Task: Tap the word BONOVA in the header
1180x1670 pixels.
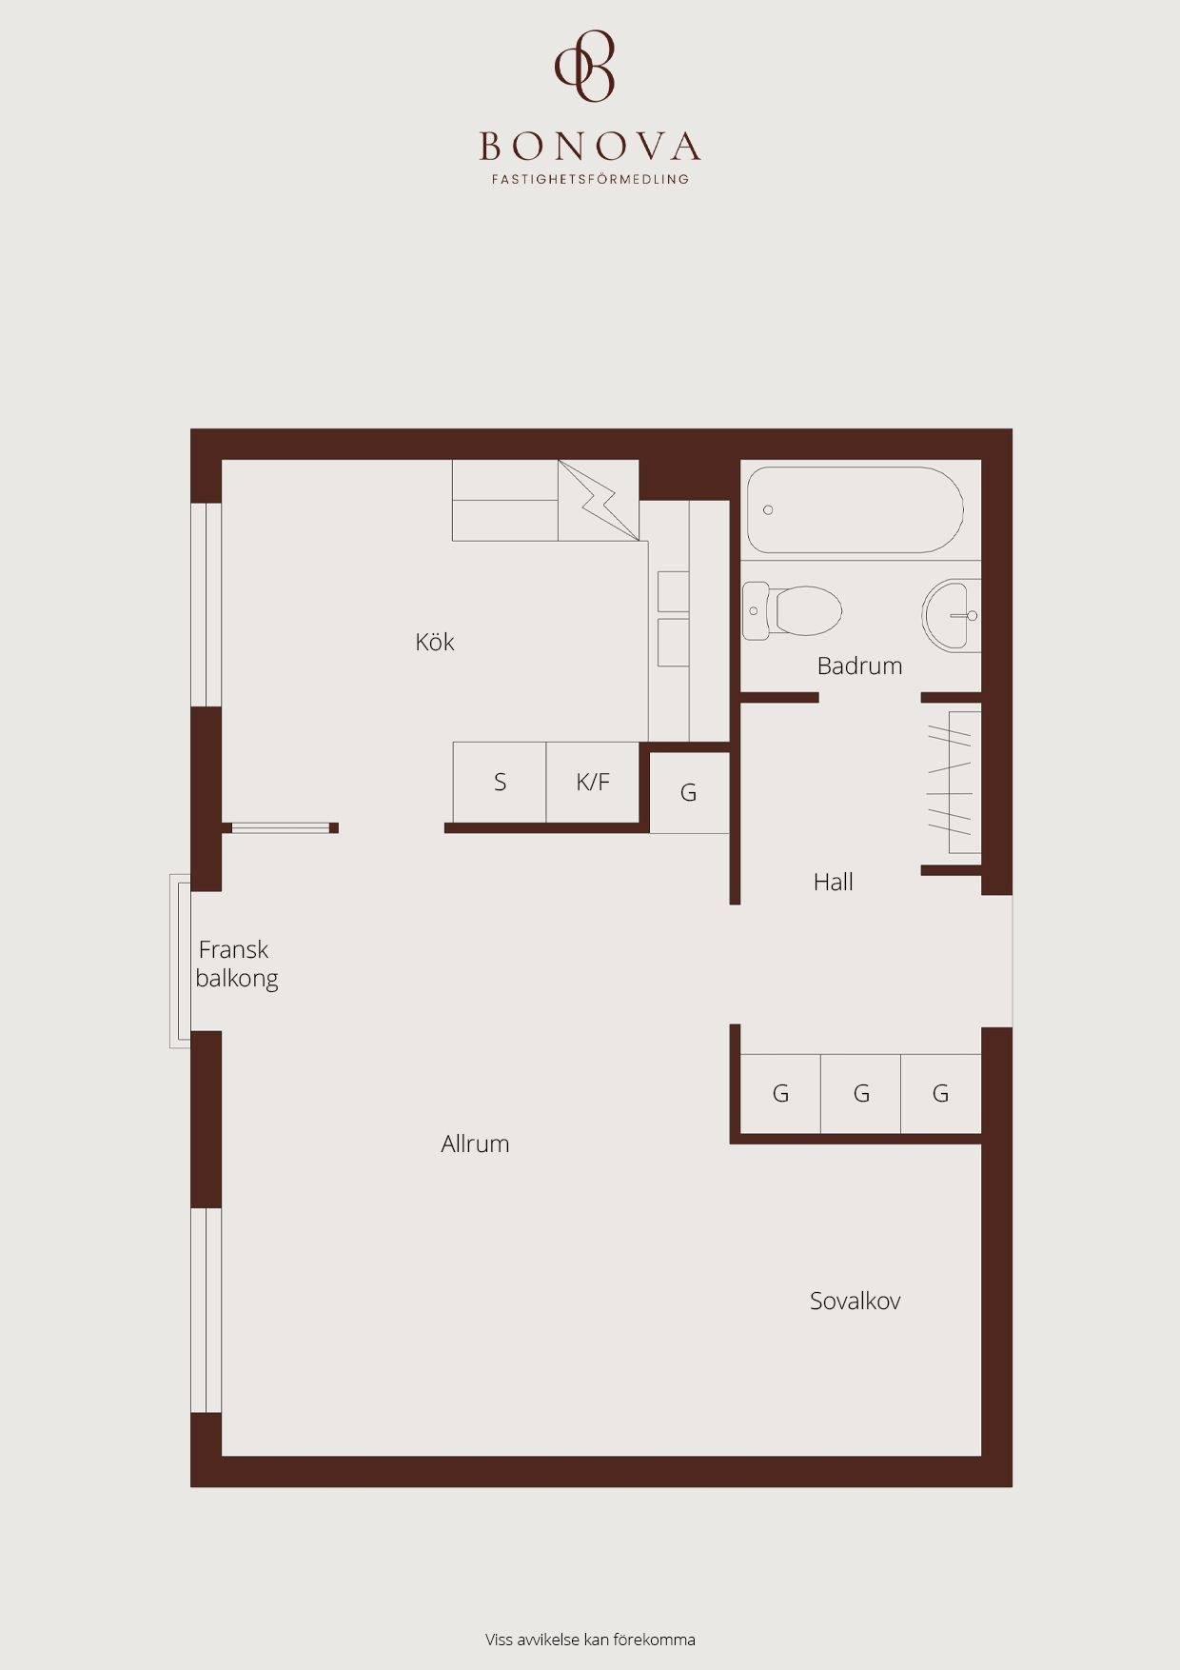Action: point(590,147)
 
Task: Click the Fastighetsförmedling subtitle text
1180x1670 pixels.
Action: point(590,178)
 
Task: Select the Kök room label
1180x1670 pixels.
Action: point(435,642)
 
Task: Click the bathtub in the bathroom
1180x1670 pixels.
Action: point(855,509)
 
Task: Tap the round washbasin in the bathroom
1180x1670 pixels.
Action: point(950,614)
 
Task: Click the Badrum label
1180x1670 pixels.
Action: point(859,666)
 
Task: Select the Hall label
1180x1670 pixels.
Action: point(833,882)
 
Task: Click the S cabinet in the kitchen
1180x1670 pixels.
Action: point(500,782)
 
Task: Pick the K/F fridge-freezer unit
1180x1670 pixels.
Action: point(592,782)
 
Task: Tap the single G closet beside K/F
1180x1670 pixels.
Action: point(689,792)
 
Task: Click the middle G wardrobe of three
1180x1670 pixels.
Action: point(860,1093)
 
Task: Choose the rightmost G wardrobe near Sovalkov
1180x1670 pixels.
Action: point(940,1093)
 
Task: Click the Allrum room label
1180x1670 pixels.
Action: point(475,1143)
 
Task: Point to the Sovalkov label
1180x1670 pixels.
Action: point(855,1301)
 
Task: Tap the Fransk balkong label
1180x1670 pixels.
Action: point(236,964)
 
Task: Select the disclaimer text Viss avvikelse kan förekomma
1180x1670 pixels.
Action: point(590,1640)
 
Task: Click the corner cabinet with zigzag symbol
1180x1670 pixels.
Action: point(599,500)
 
